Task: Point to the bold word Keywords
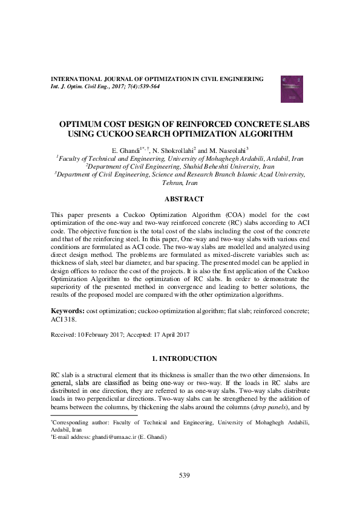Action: tap(67, 311)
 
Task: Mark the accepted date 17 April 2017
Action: tap(172, 334)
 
